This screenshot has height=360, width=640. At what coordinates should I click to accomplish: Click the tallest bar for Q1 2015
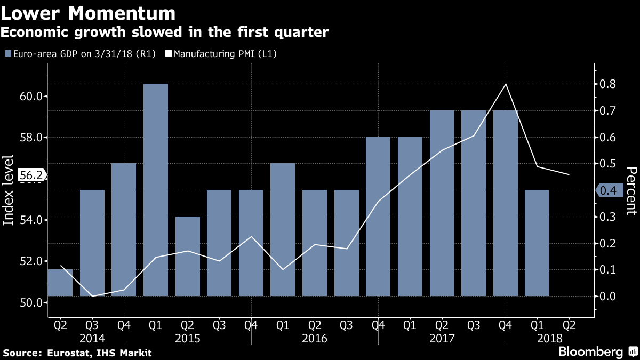(156, 189)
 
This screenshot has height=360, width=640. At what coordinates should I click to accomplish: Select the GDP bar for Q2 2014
(60, 282)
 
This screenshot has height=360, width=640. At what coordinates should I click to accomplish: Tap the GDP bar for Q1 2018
(537, 243)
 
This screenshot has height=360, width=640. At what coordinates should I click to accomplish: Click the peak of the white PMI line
(505, 84)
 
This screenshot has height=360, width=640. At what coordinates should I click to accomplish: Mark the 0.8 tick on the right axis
(607, 84)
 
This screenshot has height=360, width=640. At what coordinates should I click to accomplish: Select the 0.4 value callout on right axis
(608, 190)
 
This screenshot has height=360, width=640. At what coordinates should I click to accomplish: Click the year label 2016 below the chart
(315, 338)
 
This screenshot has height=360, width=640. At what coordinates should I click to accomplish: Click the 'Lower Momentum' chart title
(88, 13)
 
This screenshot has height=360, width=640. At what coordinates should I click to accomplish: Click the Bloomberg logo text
(590, 352)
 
